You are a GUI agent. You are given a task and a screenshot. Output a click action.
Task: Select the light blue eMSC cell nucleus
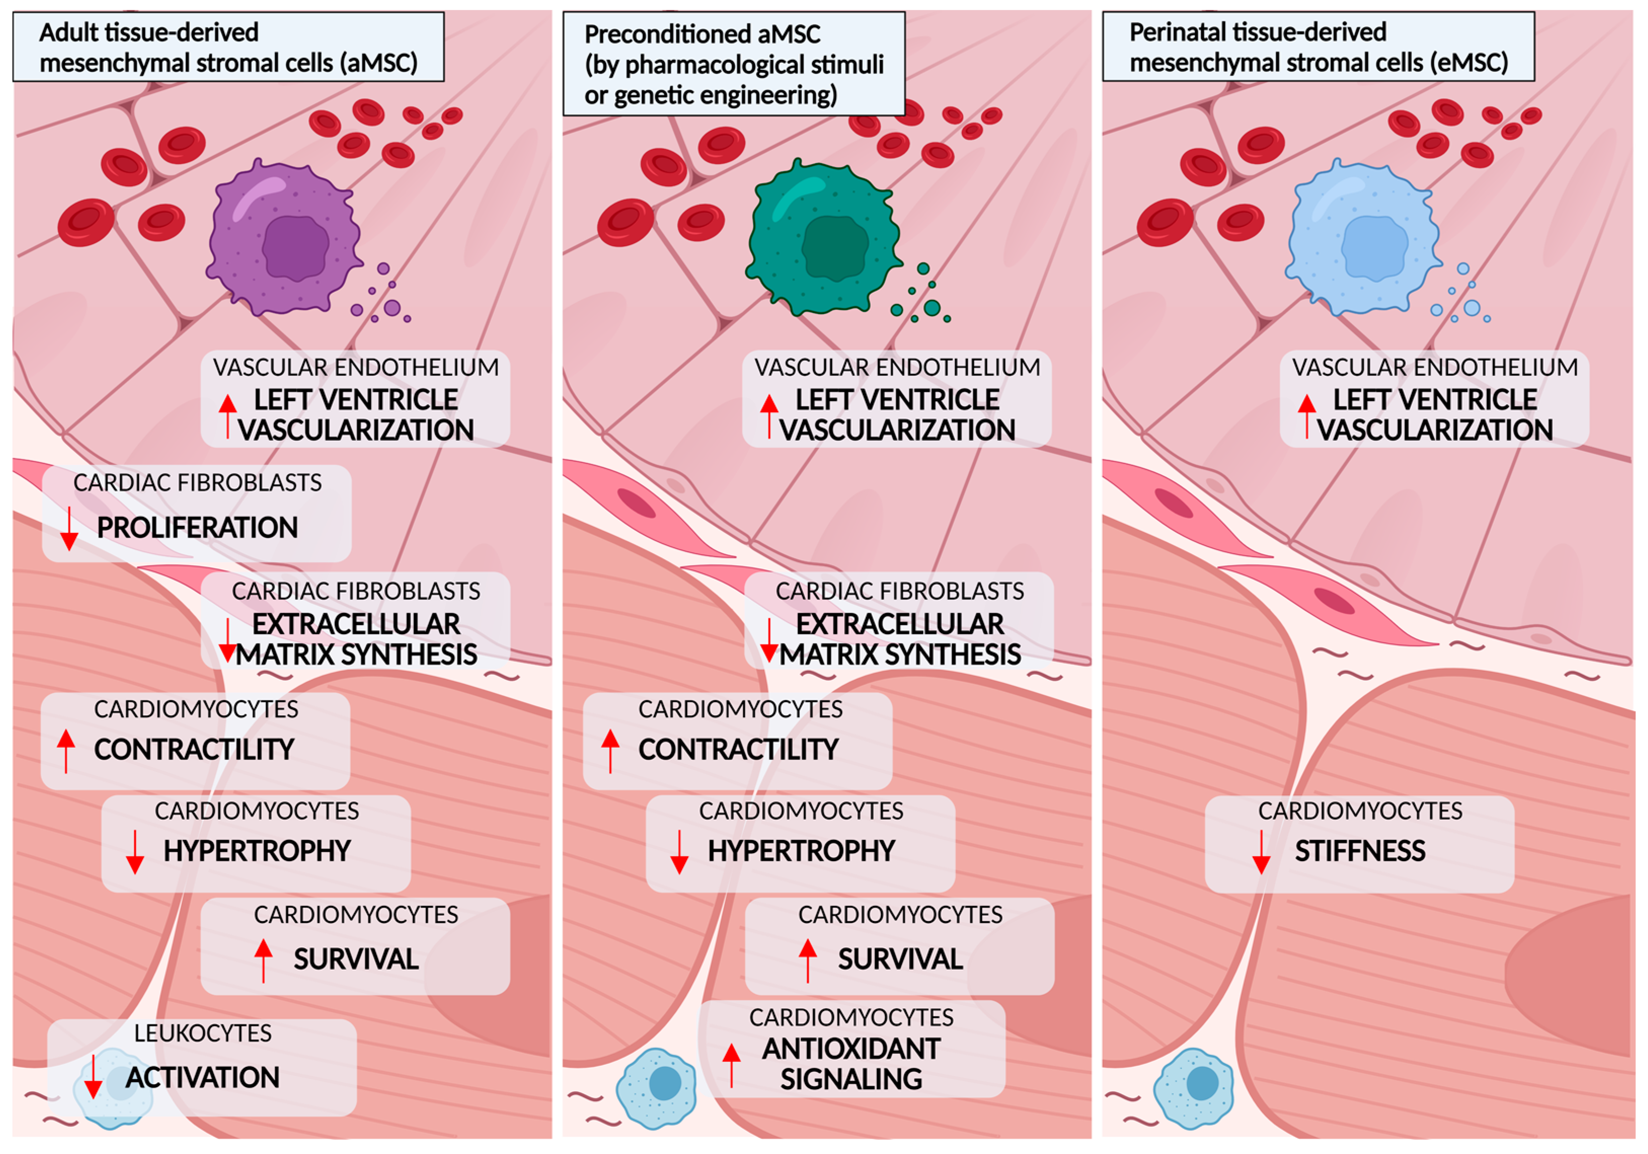point(1374,246)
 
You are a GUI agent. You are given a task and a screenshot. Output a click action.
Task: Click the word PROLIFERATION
point(198,527)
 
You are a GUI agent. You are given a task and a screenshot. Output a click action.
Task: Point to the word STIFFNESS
point(1360,851)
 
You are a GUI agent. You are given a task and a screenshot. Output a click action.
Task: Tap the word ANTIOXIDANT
point(851,1049)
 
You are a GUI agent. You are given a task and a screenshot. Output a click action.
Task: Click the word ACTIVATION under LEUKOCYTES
point(203,1077)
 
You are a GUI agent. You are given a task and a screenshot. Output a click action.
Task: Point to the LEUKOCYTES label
point(203,1033)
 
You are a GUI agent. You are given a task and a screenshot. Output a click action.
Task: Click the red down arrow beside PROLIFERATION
point(69,528)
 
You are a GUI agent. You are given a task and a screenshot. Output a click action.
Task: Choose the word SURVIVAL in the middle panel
point(900,959)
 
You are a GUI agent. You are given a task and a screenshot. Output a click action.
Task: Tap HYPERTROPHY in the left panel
point(257,851)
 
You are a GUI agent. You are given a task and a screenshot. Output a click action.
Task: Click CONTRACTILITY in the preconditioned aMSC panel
point(739,749)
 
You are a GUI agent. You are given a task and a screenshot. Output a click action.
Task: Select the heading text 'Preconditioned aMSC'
point(702,34)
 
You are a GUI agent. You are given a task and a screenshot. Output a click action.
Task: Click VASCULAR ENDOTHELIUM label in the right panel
point(1435,367)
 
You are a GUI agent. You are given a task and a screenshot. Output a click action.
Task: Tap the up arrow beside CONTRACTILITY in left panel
point(66,750)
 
